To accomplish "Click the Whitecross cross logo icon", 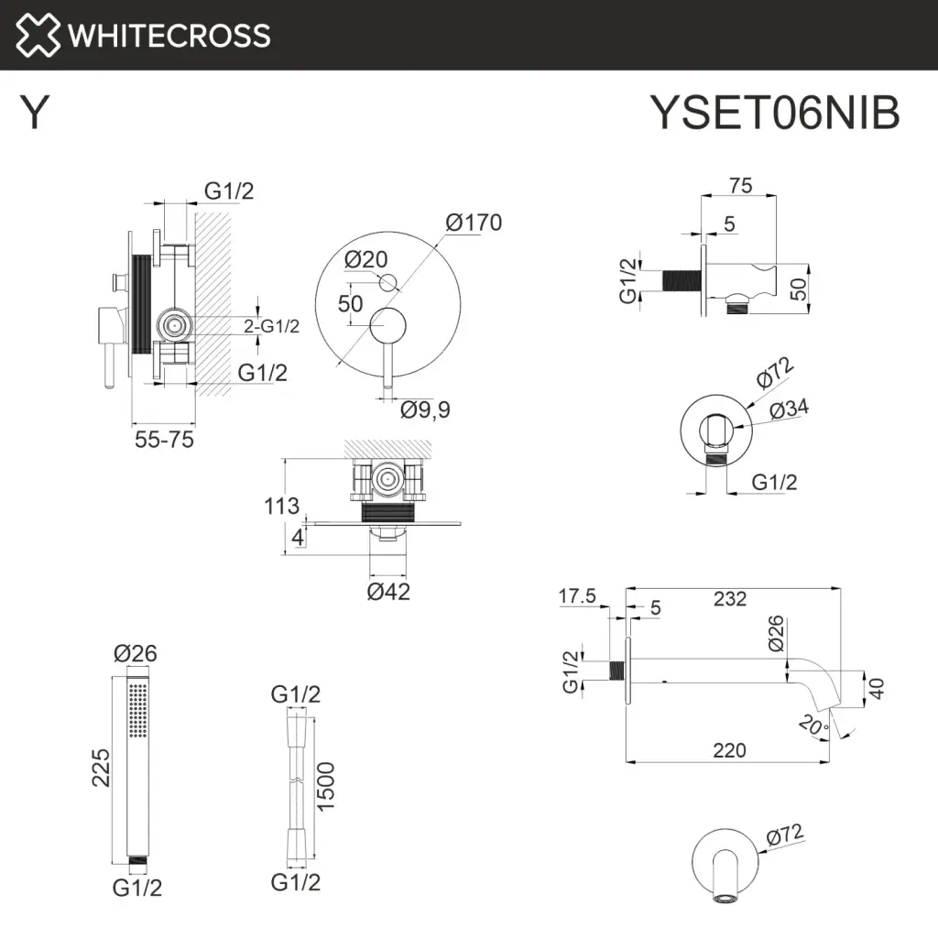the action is coord(38,35).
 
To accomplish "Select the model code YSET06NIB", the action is coord(775,112).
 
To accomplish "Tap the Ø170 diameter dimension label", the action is coord(474,223).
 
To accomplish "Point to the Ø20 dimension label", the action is coord(366,259).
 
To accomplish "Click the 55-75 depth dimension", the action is coord(164,440).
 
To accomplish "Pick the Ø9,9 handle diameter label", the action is coord(425,409).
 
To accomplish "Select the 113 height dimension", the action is coord(281,506).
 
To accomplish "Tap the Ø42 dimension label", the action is coord(388,592).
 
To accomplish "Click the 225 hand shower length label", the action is coord(101,768).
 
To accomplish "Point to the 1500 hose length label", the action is coord(325,787).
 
